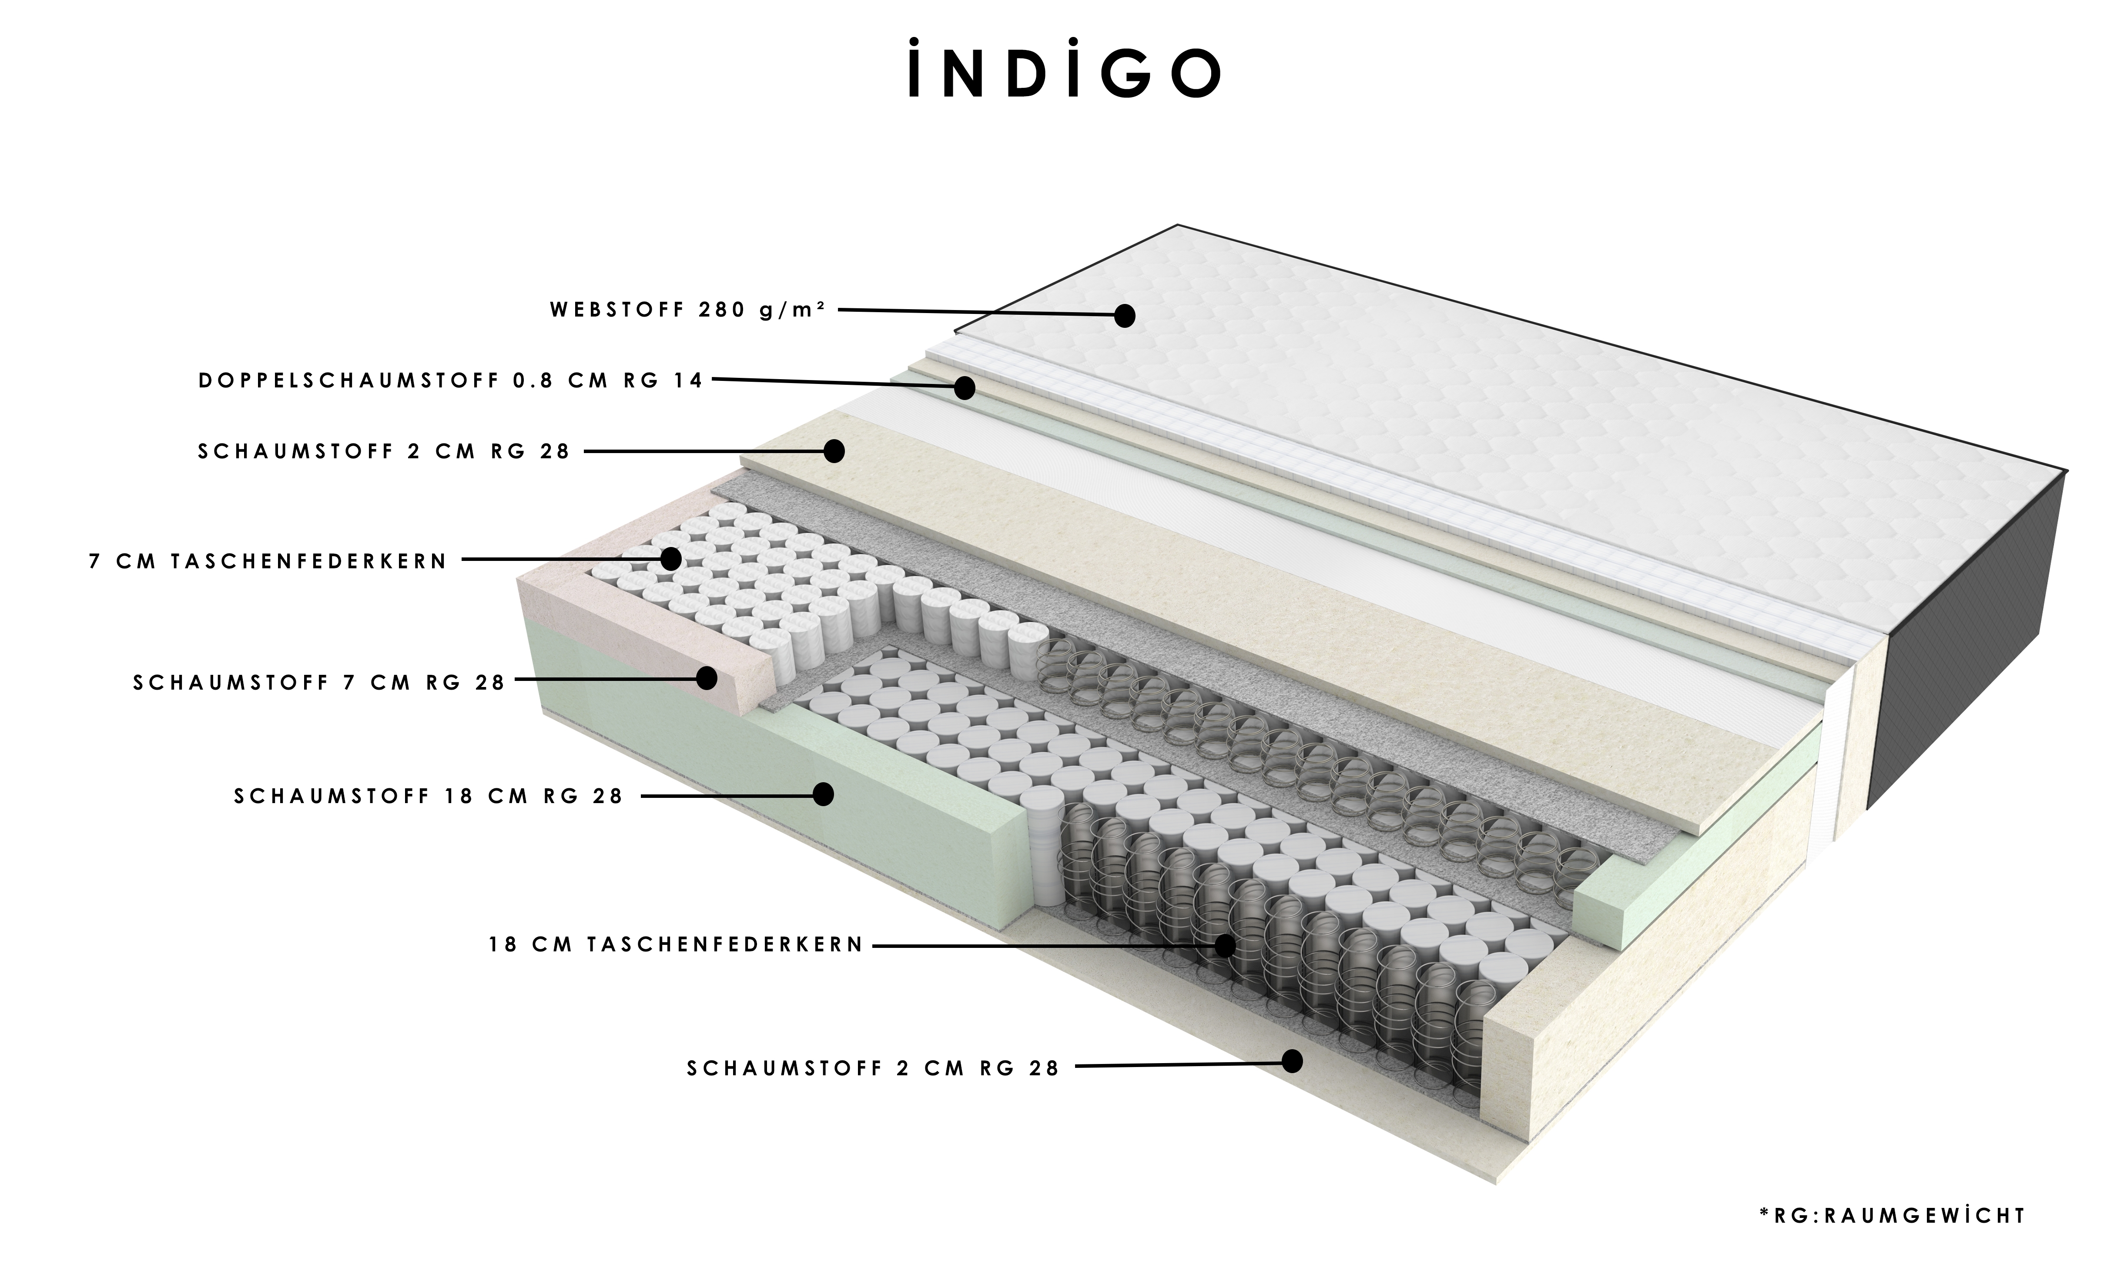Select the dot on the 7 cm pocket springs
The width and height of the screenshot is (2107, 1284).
tap(671, 559)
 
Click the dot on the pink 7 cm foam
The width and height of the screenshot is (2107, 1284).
tap(707, 678)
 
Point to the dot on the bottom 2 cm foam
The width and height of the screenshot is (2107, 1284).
tap(1292, 1062)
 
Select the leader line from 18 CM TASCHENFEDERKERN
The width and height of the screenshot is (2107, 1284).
tap(1043, 945)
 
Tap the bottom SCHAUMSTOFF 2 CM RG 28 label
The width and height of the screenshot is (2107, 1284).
tap(873, 1069)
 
